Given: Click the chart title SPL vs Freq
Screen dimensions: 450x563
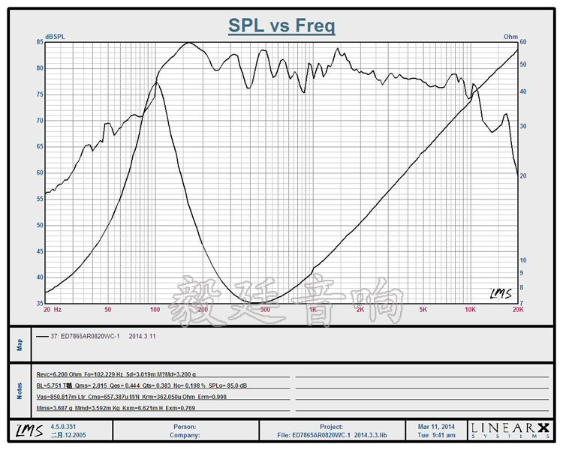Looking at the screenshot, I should point(281,26).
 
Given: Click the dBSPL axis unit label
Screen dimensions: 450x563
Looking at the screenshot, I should point(55,36).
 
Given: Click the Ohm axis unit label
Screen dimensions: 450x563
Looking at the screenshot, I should point(510,36).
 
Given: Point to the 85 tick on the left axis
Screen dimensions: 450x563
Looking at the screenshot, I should point(38,43).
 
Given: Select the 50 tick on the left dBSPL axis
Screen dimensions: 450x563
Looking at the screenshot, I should point(38,225).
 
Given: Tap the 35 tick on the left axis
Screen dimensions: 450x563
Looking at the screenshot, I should point(38,303).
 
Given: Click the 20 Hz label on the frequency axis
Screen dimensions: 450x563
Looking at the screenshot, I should point(52,309).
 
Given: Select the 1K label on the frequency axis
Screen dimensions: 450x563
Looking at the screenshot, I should point(312,309).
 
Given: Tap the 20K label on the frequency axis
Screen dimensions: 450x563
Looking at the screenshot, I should point(516,309).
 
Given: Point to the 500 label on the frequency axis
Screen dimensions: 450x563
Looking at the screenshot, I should point(264,309).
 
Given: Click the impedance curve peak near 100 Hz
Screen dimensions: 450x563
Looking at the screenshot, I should point(155,82).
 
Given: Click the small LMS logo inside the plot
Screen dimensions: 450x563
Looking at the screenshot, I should point(498,293).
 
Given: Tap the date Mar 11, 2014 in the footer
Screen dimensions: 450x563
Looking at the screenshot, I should point(437,426).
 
